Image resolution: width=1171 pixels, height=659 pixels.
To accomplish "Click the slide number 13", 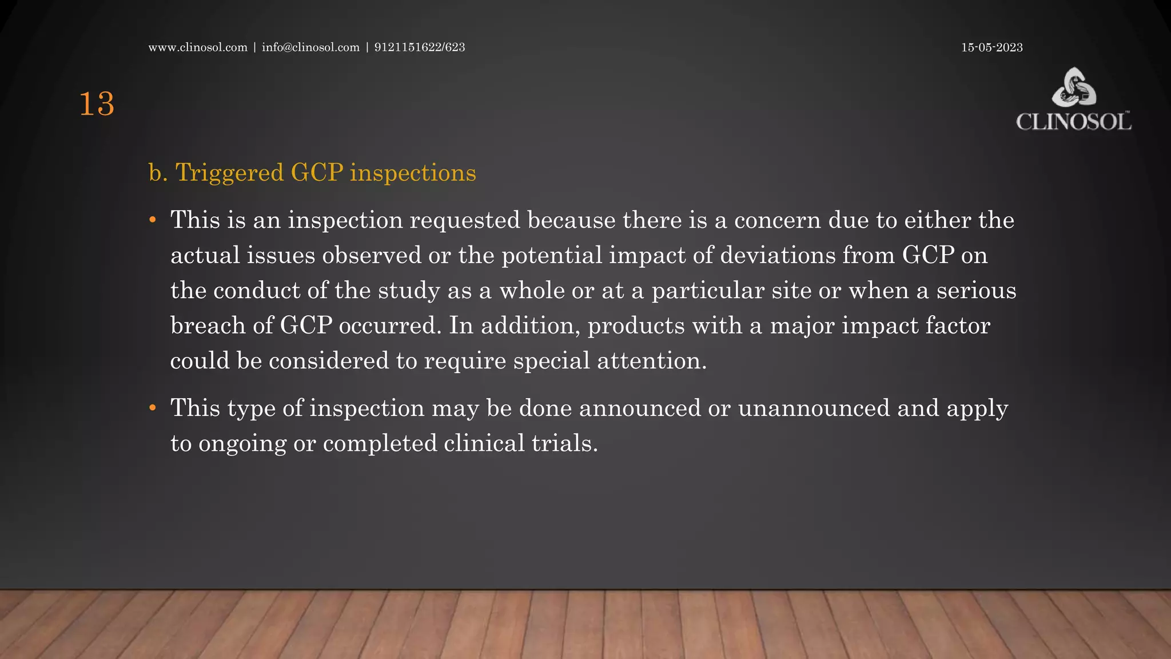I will point(97,105).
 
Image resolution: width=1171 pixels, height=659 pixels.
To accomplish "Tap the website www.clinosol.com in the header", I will point(198,47).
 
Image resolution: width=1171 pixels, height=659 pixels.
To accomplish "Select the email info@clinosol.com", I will point(310,47).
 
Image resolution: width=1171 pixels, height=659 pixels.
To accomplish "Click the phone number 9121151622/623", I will point(420,47).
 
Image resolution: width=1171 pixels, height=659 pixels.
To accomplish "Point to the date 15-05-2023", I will point(991,47).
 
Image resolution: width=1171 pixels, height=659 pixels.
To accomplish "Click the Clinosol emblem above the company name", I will point(1074,87).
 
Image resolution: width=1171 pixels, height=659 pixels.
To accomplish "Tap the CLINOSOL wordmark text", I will point(1073,122).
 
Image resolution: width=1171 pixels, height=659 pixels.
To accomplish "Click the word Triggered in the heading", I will point(229,173).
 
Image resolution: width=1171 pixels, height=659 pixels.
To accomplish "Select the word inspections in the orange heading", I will point(413,173).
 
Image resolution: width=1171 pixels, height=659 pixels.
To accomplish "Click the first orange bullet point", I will point(153,220).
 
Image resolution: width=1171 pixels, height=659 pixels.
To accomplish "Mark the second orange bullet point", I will point(153,408).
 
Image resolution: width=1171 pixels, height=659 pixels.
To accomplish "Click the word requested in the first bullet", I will point(465,221).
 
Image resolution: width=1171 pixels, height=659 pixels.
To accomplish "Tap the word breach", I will point(208,326).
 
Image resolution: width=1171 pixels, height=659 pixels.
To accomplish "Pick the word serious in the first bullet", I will point(976,291).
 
